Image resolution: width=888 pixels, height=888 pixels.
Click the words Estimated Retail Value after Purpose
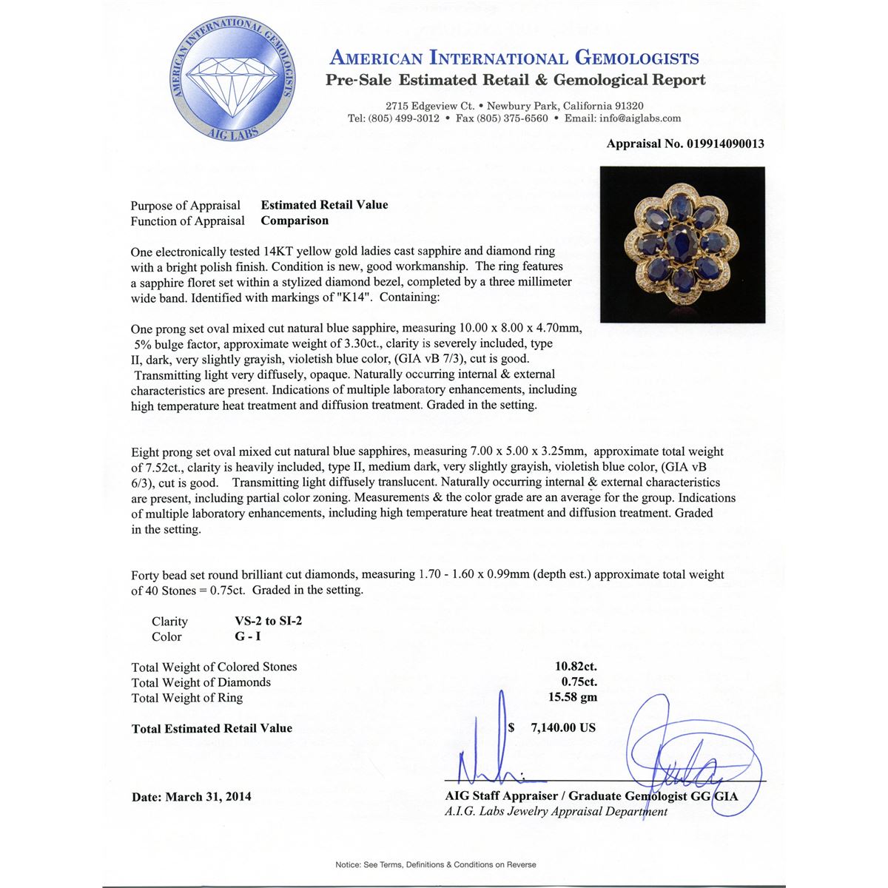tap(324, 205)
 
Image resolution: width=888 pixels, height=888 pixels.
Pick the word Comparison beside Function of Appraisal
tap(295, 221)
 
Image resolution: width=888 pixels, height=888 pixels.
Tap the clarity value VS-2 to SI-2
tap(268, 621)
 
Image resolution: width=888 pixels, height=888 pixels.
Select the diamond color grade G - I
tap(248, 636)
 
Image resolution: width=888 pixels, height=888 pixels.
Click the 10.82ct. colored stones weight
tap(576, 666)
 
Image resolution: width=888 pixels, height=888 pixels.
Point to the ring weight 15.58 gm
tap(573, 697)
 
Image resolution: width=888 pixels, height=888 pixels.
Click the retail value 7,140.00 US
tap(562, 727)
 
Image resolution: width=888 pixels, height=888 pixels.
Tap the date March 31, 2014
tap(208, 797)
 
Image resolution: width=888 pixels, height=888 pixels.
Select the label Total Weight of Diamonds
tap(201, 682)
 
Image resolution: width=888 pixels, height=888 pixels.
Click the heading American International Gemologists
tap(514, 58)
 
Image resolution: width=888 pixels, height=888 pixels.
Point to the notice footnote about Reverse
tap(436, 864)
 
